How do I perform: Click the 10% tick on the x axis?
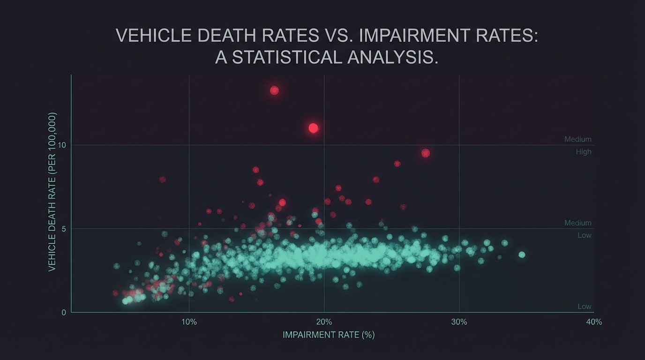pyautogui.click(x=189, y=322)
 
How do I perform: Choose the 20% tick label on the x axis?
pyautogui.click(x=324, y=322)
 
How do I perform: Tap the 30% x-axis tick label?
pyautogui.click(x=459, y=322)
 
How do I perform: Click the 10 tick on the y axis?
pyautogui.click(x=62, y=145)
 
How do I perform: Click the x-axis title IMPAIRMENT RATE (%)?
pyautogui.click(x=329, y=335)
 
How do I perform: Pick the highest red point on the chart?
pyautogui.click(x=275, y=90)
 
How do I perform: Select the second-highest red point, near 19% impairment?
pyautogui.click(x=314, y=128)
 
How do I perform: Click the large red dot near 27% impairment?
pyautogui.click(x=426, y=153)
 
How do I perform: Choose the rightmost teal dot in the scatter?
pyautogui.click(x=522, y=255)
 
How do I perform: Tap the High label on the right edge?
pyautogui.click(x=584, y=152)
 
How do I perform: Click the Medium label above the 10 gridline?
pyautogui.click(x=577, y=139)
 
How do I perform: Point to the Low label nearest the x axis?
pyautogui.click(x=584, y=307)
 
